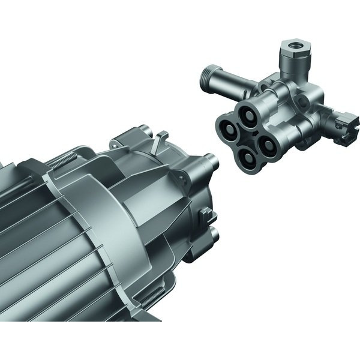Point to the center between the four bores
tap(247, 135)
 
